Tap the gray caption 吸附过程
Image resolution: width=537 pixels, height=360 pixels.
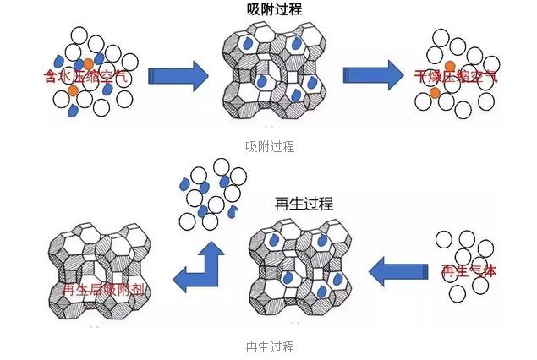pyautogui.click(x=268, y=146)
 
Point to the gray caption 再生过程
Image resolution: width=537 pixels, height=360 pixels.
pyautogui.click(x=269, y=346)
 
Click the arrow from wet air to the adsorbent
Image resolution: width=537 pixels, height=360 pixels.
pyautogui.click(x=178, y=76)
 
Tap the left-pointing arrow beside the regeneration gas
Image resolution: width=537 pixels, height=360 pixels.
pyautogui.click(x=398, y=273)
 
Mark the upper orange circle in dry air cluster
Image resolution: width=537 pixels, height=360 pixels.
pyautogui.click(x=451, y=65)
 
